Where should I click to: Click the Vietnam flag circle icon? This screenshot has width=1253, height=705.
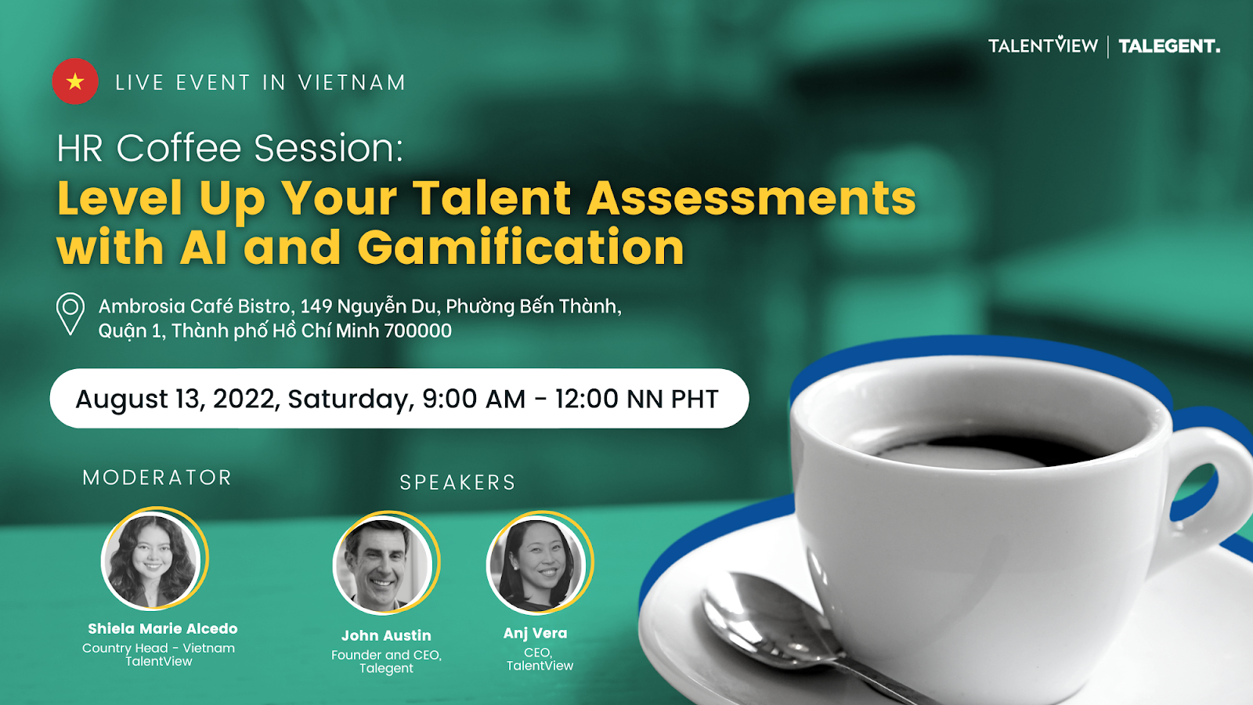[75, 81]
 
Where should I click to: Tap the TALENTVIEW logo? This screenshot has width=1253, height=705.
[1042, 45]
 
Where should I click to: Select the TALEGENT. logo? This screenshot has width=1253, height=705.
[1169, 46]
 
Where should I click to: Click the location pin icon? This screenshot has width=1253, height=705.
[70, 314]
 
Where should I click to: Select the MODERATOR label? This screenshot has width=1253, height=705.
[157, 477]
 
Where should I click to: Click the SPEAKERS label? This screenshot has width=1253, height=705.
[457, 483]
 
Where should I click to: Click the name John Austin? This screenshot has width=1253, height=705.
[387, 635]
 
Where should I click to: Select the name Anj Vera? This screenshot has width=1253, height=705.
[536, 634]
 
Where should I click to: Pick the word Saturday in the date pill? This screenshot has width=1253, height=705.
[351, 399]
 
